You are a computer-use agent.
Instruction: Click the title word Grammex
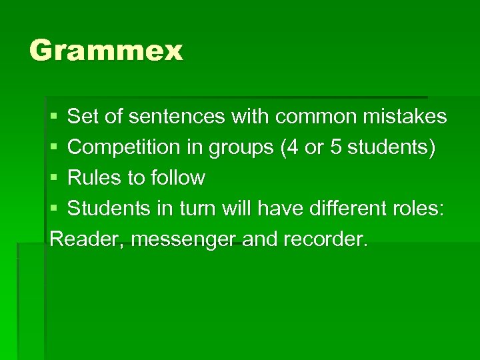106,51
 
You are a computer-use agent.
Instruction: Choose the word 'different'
345,209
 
